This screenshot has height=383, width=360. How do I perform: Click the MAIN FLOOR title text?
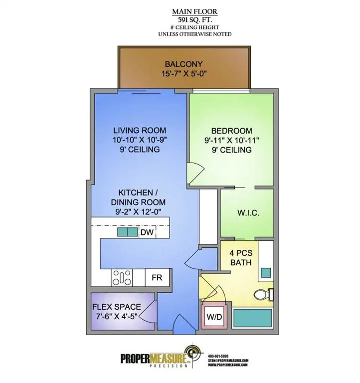[194, 11]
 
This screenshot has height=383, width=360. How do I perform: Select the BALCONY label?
[184, 64]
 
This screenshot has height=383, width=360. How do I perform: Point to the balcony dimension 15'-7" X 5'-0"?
[184, 73]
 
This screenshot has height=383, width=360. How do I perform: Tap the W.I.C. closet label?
[247, 213]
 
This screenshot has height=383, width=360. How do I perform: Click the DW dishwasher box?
[147, 232]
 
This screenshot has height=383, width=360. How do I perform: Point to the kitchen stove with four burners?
[122, 278]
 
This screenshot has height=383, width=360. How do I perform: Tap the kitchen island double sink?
[128, 232]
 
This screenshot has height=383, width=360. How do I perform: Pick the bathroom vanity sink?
[266, 273]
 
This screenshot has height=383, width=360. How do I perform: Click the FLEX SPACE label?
[116, 307]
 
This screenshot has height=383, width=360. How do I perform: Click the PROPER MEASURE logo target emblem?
[194, 355]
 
